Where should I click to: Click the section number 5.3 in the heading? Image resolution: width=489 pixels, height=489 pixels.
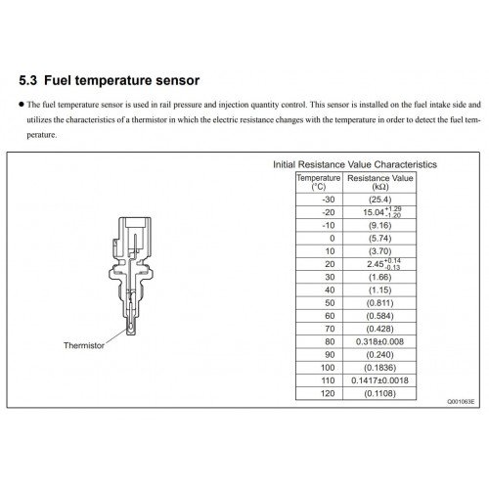(x=28, y=80)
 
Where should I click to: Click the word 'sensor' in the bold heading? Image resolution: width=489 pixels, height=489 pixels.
(x=178, y=80)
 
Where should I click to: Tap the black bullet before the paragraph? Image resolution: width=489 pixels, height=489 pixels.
(x=22, y=105)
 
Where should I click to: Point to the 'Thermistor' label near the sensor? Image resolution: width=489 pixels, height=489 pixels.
(x=84, y=345)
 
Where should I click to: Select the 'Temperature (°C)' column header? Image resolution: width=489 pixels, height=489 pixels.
(x=319, y=182)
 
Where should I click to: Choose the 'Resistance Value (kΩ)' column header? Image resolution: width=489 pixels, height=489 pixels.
(x=380, y=182)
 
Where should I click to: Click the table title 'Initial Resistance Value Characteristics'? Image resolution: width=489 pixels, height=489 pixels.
(x=355, y=164)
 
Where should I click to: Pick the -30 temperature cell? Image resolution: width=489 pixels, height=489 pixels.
(x=329, y=200)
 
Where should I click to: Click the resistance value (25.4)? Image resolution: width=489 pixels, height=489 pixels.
(x=380, y=200)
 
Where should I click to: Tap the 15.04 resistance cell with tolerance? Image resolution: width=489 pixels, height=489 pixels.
(x=382, y=212)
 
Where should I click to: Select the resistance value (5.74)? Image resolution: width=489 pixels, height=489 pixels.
(x=380, y=239)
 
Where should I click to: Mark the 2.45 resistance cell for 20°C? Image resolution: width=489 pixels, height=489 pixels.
(x=383, y=264)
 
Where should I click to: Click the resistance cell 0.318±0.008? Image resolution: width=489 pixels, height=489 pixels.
(x=379, y=341)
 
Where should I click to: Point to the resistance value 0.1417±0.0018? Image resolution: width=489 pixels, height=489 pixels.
(x=379, y=380)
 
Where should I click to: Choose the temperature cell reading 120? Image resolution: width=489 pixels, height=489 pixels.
(x=328, y=393)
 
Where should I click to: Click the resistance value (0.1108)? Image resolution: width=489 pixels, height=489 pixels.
(x=380, y=393)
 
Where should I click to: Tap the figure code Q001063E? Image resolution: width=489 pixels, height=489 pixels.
(x=461, y=402)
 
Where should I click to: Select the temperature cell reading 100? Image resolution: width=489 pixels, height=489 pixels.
(x=328, y=368)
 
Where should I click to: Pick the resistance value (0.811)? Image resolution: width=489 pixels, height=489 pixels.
(x=380, y=303)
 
